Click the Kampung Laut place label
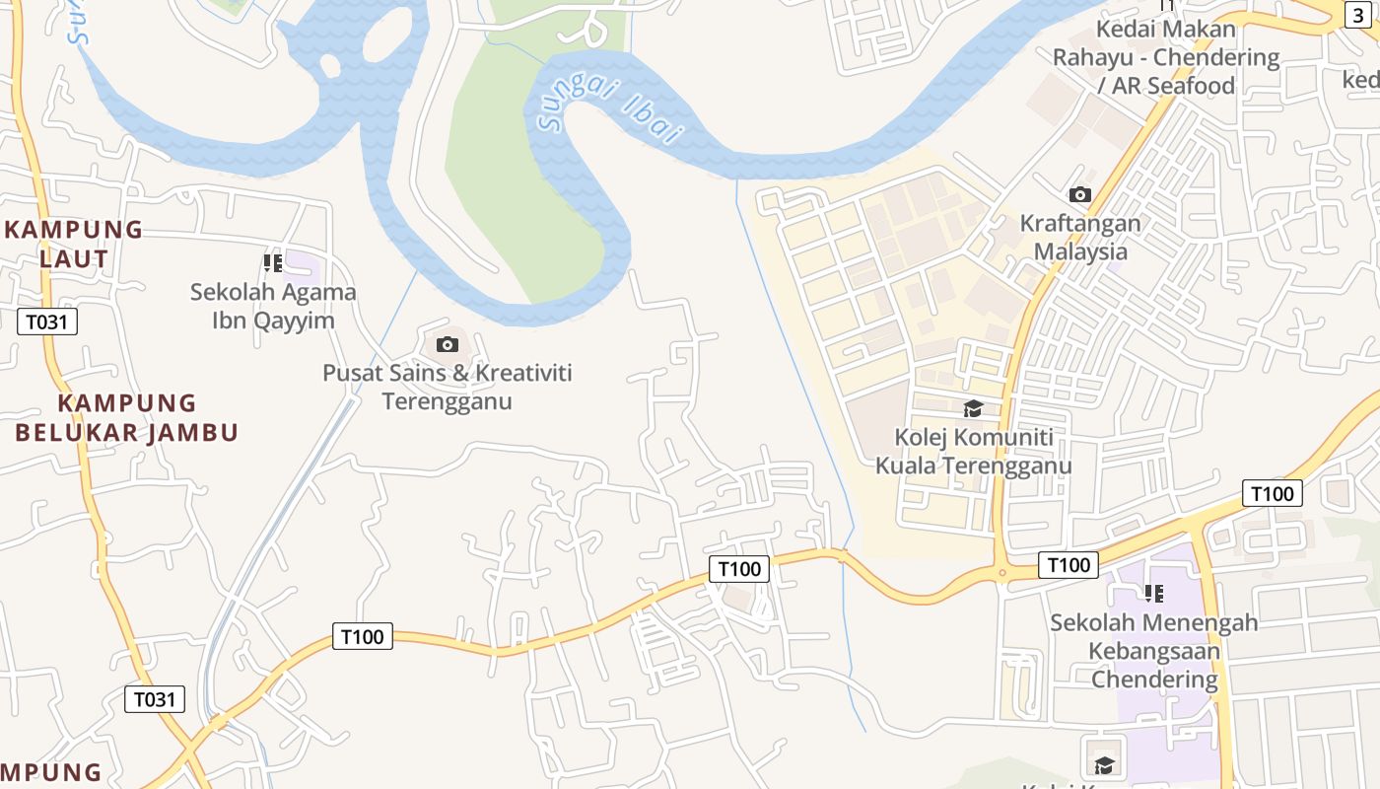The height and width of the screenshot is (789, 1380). [x=75, y=244]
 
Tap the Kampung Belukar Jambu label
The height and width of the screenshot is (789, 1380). [x=127, y=417]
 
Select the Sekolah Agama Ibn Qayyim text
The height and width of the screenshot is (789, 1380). [x=273, y=306]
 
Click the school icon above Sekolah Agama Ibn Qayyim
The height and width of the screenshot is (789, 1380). [x=273, y=263]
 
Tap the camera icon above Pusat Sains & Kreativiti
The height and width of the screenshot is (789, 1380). [x=448, y=344]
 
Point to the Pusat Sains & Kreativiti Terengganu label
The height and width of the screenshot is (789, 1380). [x=448, y=387]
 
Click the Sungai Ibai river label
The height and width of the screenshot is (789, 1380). [x=611, y=108]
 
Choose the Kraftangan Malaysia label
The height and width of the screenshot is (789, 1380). [x=1080, y=237]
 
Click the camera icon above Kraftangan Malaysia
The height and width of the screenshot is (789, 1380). [x=1080, y=195]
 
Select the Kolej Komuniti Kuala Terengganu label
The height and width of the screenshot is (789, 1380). [x=973, y=451]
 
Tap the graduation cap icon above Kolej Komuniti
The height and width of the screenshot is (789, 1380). [x=973, y=408]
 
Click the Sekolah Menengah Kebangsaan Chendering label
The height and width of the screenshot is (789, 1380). [x=1154, y=651]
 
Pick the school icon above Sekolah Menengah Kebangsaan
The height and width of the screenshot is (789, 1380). [x=1154, y=594]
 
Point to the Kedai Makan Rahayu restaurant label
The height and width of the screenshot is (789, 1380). [x=1166, y=57]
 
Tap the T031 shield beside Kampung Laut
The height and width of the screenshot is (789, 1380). [x=47, y=322]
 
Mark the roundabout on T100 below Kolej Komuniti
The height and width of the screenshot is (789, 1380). [x=1001, y=572]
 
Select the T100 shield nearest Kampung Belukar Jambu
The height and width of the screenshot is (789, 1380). [x=363, y=636]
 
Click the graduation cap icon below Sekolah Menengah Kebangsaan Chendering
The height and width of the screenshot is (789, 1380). [x=1104, y=764]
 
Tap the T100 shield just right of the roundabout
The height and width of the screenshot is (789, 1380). [x=1069, y=565]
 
